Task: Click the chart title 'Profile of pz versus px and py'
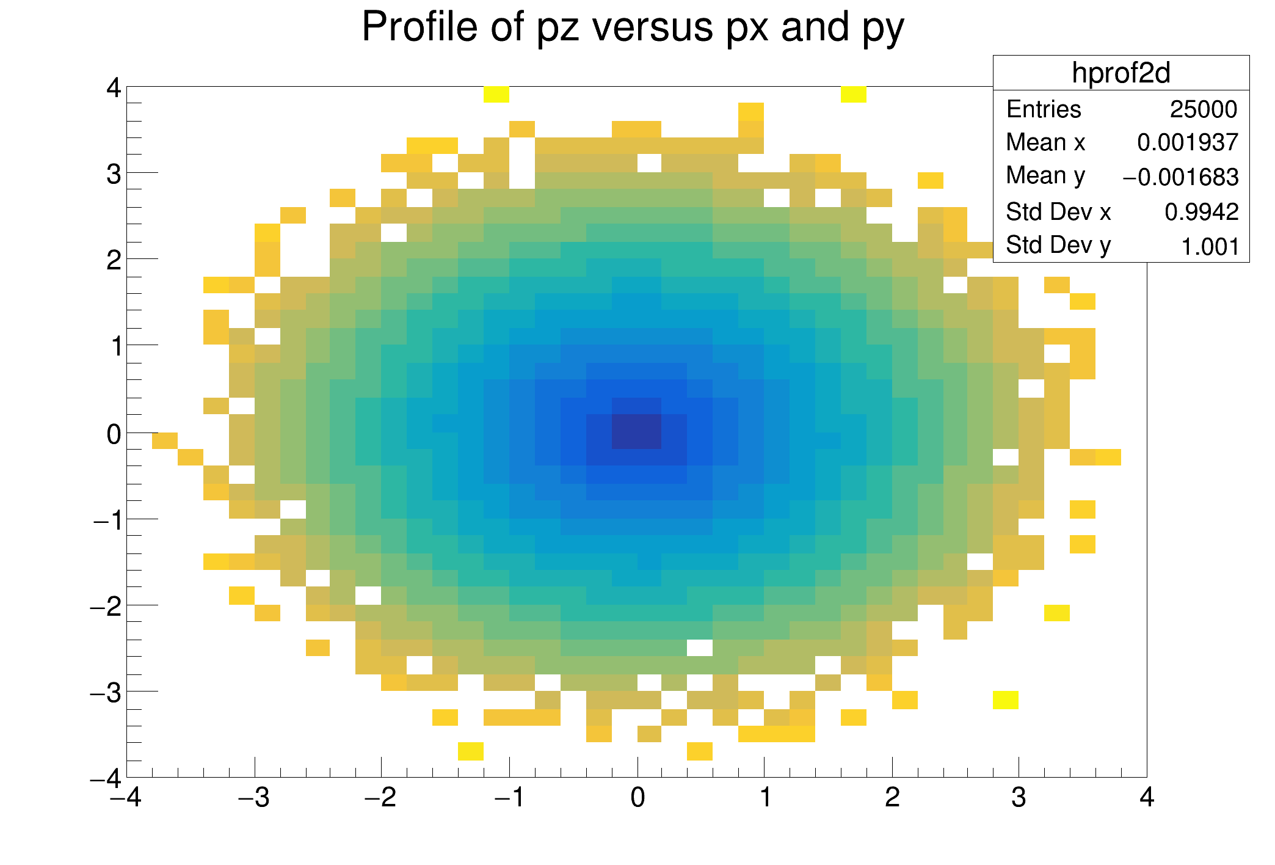click(633, 27)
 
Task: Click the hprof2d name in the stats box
click(1121, 73)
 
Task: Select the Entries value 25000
click(1203, 109)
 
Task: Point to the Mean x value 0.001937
click(1187, 143)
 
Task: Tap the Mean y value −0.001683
click(1180, 177)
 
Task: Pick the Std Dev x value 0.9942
click(1201, 212)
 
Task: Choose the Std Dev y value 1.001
click(1210, 247)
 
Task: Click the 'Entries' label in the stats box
click(1044, 109)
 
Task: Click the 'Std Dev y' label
click(1058, 246)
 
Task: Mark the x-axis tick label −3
click(254, 798)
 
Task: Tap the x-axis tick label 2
click(892, 798)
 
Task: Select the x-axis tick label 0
click(637, 798)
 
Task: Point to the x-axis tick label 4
click(1146, 798)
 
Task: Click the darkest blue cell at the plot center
click(637, 431)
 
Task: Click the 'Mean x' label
click(1045, 143)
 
